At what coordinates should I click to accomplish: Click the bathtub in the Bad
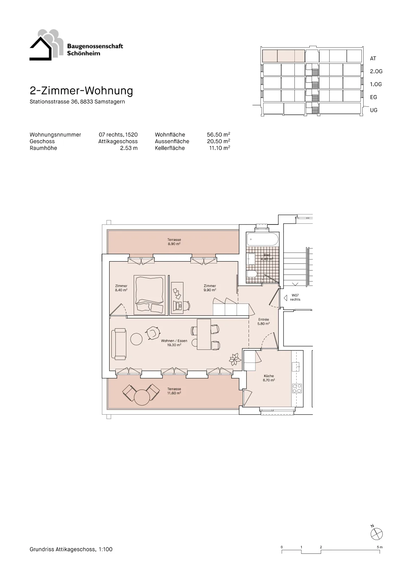(262, 239)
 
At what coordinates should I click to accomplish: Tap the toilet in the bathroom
(252, 273)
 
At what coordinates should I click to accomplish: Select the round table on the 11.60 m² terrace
(142, 397)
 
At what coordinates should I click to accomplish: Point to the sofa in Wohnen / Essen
(119, 344)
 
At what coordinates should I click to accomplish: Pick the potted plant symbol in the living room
(235, 359)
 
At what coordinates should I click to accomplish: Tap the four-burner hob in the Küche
(297, 388)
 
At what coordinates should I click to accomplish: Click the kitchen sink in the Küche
(296, 367)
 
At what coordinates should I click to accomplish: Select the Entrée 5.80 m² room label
(264, 321)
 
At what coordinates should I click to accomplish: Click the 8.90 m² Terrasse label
(174, 242)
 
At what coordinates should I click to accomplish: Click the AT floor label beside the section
(373, 59)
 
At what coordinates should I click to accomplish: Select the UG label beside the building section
(373, 110)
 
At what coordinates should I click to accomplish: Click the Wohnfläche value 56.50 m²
(218, 134)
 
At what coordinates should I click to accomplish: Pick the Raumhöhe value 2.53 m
(129, 148)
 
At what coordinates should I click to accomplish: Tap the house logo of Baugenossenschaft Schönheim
(47, 45)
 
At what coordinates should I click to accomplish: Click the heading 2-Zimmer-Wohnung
(82, 91)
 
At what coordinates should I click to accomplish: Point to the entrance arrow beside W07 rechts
(285, 297)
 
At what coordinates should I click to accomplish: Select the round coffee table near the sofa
(136, 339)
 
